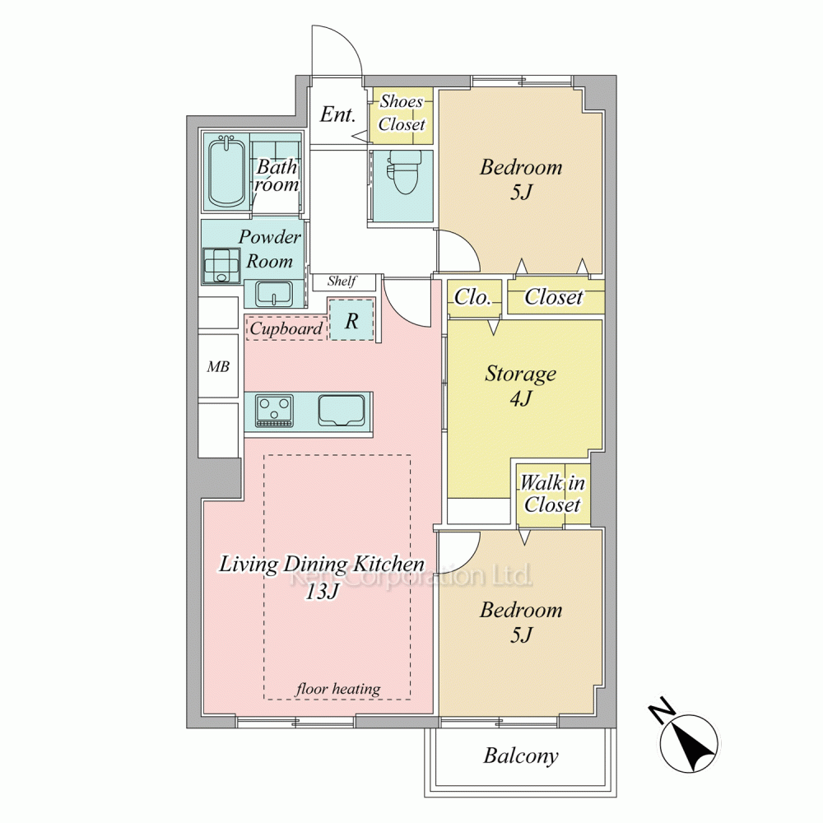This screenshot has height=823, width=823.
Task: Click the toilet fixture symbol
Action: [403, 171]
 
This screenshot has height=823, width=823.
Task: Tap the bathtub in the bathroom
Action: [227, 171]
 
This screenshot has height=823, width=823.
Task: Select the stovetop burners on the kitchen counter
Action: [274, 410]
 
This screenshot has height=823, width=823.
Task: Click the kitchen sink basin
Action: [342, 410]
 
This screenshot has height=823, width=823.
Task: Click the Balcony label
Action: [521, 756]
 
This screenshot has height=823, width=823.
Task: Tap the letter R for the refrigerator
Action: [351, 321]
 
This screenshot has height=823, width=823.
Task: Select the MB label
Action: [218, 366]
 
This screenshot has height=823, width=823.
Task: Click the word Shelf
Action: [342, 281]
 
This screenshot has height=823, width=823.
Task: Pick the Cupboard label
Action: [286, 329]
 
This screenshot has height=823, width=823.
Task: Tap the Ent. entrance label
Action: [337, 114]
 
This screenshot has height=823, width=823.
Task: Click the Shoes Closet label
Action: [402, 113]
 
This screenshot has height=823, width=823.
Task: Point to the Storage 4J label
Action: [521, 386]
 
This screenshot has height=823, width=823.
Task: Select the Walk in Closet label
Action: [552, 493]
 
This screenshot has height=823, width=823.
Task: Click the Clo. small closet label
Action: [472, 298]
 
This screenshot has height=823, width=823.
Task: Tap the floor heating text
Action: [338, 689]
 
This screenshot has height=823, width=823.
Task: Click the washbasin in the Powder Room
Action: [274, 294]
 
